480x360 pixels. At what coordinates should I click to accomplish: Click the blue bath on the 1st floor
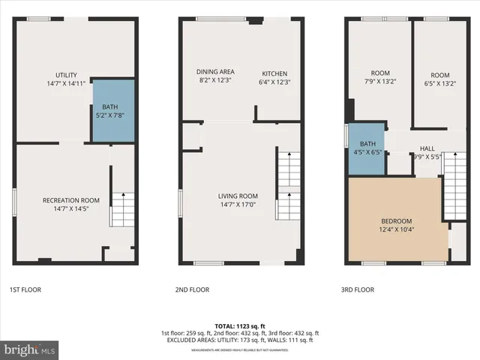tap(113, 109)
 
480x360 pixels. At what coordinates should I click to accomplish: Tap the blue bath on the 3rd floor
tap(366, 148)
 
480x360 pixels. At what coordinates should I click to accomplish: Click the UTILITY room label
tap(66, 75)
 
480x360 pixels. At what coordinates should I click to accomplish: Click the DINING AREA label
tap(211, 72)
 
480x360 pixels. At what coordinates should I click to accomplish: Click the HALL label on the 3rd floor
tap(427, 148)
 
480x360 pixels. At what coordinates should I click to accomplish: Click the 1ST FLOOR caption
tap(26, 288)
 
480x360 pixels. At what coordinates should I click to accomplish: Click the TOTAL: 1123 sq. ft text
tap(239, 326)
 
